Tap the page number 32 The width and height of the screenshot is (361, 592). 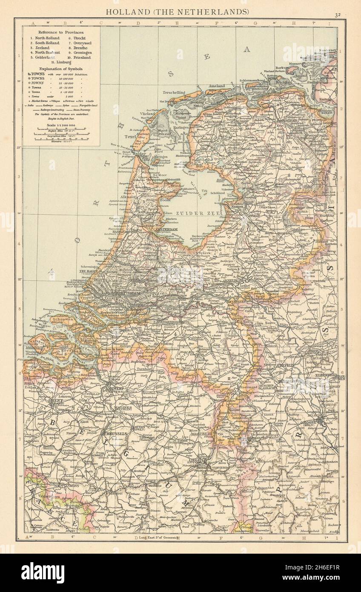(337, 15)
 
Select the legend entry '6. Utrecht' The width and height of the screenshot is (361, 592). (77, 38)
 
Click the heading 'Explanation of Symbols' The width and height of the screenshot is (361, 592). (61, 69)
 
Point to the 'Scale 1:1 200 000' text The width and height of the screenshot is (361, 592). (61, 126)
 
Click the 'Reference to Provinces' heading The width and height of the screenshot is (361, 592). (61, 32)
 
